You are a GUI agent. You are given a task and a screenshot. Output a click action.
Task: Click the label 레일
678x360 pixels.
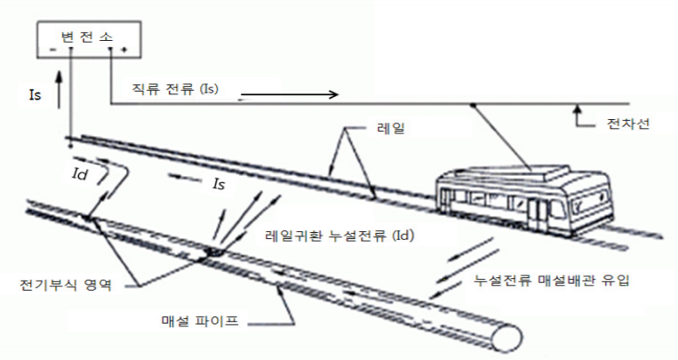click(391, 128)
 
